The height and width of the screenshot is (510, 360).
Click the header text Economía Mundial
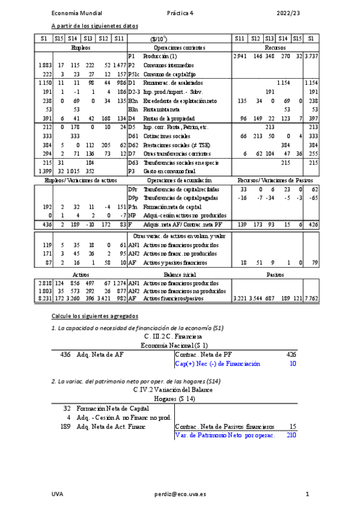click(77, 13)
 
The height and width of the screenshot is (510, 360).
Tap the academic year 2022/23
click(288, 13)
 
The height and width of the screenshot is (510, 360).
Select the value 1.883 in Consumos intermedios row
click(44, 65)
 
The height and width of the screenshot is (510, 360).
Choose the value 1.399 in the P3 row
click(44, 171)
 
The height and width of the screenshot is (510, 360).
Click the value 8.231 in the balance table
click(44, 299)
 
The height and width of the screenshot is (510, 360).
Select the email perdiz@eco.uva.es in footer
click(180, 494)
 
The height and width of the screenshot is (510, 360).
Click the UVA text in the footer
click(58, 494)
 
